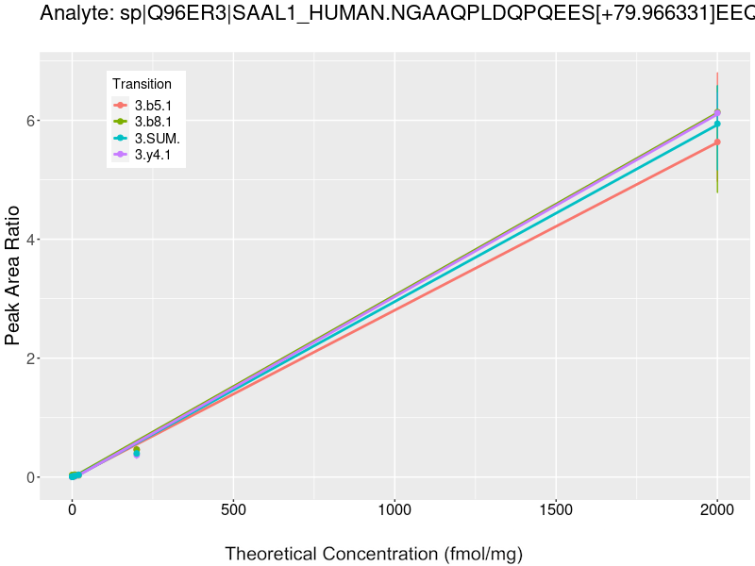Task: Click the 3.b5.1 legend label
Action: click(x=153, y=105)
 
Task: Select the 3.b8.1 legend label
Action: click(x=153, y=122)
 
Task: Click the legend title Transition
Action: click(x=142, y=84)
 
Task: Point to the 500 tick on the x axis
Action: click(x=233, y=510)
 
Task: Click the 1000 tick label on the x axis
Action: click(x=394, y=510)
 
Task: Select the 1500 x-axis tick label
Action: click(x=556, y=510)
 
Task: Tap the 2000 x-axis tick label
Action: click(x=717, y=510)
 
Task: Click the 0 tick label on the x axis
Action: click(x=72, y=510)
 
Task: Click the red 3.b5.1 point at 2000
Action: click(x=717, y=141)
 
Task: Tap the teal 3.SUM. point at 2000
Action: click(x=717, y=124)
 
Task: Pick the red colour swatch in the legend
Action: click(x=121, y=105)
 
